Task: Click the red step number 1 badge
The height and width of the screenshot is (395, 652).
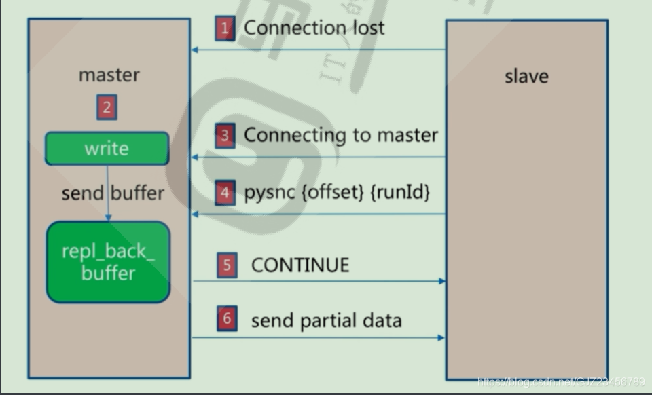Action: [x=225, y=29]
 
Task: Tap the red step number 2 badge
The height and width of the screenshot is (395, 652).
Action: [x=107, y=108]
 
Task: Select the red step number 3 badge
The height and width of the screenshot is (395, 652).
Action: [x=225, y=135]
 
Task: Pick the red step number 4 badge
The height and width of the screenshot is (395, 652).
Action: [x=225, y=193]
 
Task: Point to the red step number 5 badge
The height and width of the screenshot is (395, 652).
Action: [x=227, y=265]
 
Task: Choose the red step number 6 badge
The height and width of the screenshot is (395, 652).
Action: [x=227, y=320]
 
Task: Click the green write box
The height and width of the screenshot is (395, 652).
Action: [x=107, y=149]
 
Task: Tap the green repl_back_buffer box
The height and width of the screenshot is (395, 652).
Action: [x=108, y=262]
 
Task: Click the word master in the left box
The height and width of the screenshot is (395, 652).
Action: [x=109, y=75]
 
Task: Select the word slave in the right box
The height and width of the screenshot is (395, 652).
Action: [x=526, y=76]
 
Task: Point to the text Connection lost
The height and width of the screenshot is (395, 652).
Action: [x=314, y=28]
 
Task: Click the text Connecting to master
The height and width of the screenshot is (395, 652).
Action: [x=341, y=135]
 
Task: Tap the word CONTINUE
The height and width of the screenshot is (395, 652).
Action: [x=300, y=265]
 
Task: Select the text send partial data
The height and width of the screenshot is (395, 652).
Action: [x=326, y=320]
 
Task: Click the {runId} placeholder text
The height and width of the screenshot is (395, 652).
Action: [x=401, y=193]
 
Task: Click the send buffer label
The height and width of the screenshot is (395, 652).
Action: [x=113, y=193]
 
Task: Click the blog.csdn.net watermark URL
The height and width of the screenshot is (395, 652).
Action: [x=561, y=382]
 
